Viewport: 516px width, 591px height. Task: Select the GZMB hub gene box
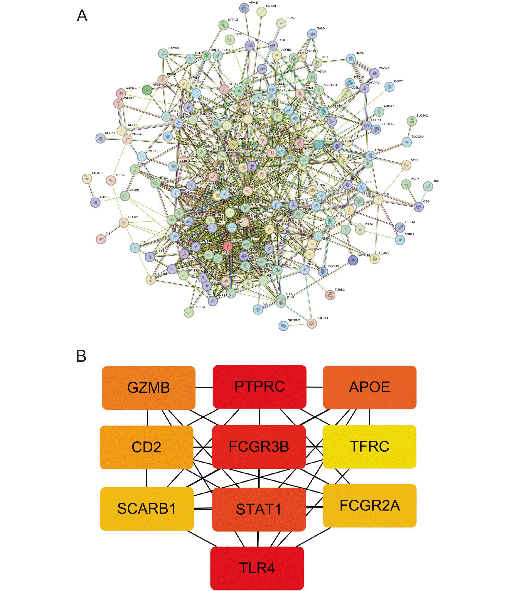(149, 388)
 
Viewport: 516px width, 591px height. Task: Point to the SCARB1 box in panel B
(147, 509)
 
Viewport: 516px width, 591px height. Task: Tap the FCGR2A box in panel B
(370, 505)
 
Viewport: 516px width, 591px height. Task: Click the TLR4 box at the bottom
(257, 568)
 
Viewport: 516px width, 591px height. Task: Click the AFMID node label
(253, 3)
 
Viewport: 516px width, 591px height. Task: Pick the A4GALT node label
(97, 173)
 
